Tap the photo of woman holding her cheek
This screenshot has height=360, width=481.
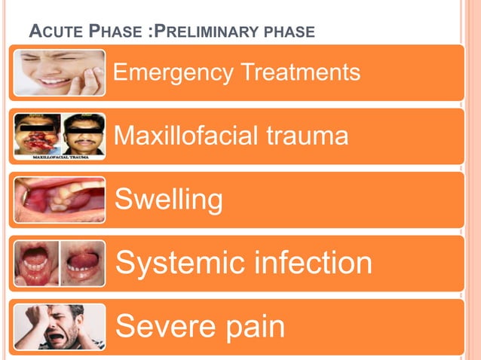click(x=59, y=72)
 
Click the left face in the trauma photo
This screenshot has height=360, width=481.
click(x=37, y=133)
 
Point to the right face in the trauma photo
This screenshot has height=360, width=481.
click(x=84, y=133)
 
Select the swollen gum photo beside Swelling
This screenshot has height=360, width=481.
click(x=59, y=200)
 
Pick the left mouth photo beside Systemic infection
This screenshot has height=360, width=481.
click(x=36, y=263)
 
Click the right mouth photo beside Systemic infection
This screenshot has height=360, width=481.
click(x=83, y=263)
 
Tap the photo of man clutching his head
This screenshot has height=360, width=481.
click(x=59, y=327)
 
